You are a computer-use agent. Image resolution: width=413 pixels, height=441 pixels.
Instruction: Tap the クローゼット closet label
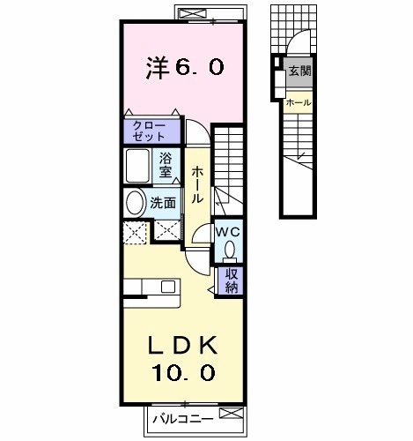tap(149, 131)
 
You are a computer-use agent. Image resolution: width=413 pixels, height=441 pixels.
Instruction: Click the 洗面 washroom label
tap(164, 202)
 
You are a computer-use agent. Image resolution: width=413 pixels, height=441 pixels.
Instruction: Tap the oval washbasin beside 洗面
tap(135, 202)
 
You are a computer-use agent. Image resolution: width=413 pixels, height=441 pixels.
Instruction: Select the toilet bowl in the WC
tap(229, 250)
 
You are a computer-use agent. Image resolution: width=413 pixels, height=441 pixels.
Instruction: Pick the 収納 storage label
tap(231, 280)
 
